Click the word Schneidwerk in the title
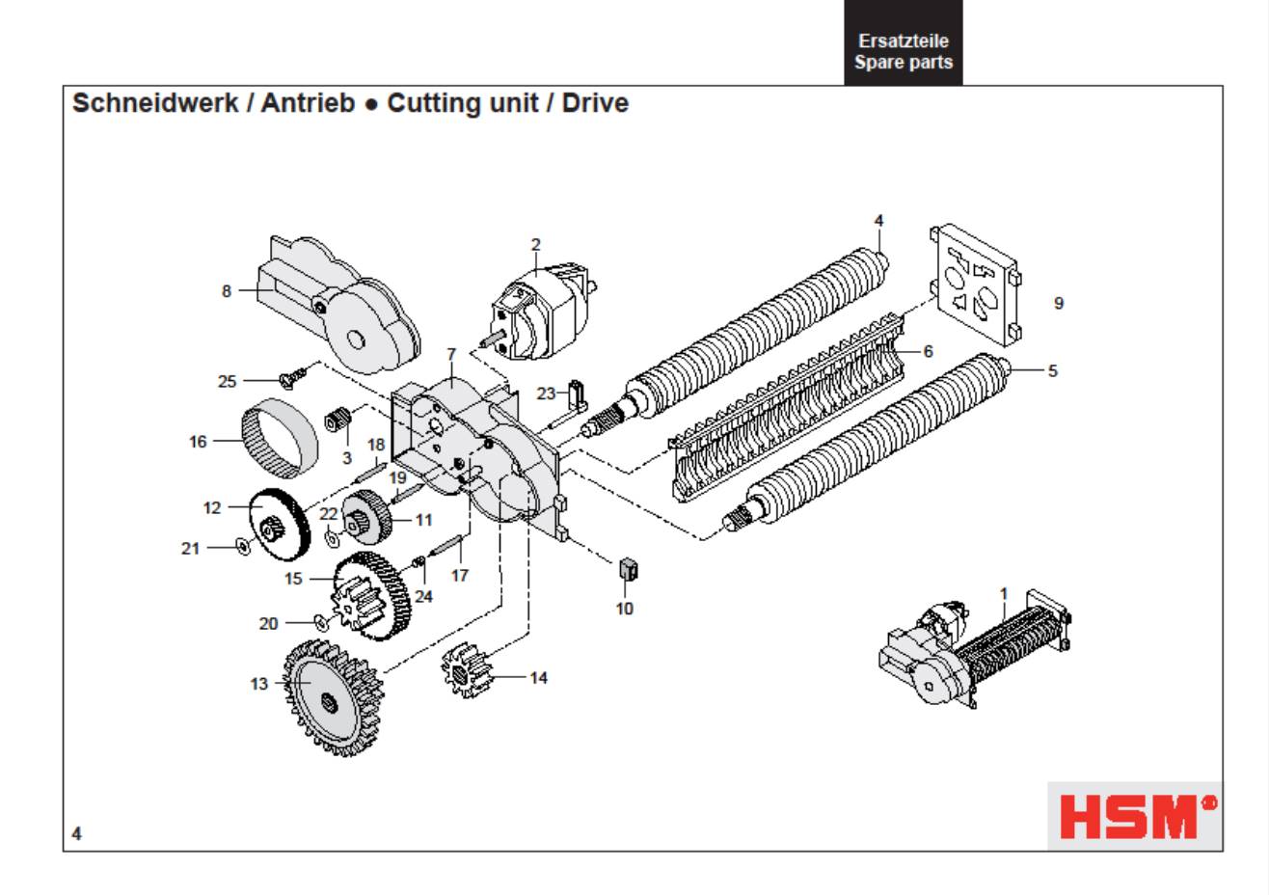154,103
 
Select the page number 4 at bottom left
77,833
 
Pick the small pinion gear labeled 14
468,672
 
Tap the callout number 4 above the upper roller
878,221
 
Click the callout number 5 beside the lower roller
1052,370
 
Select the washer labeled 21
242,548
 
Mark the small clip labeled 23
577,394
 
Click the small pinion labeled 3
337,421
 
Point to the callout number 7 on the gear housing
450,355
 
